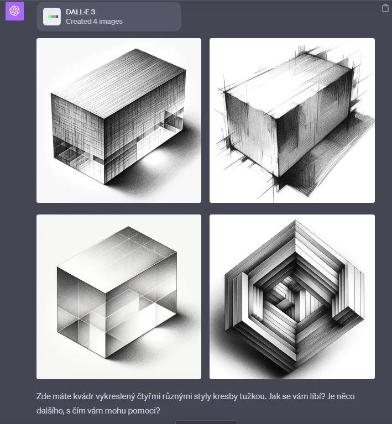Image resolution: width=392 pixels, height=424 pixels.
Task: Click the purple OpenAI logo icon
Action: pyautogui.click(x=14, y=11)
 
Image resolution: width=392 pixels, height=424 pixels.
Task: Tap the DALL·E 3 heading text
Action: pyautogui.click(x=80, y=12)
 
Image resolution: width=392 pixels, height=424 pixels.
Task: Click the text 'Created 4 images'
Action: pyautogui.click(x=94, y=22)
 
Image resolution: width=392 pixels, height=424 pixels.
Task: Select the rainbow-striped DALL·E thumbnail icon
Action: pyautogui.click(x=52, y=17)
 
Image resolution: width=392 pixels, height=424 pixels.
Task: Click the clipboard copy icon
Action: pyautogui.click(x=385, y=8)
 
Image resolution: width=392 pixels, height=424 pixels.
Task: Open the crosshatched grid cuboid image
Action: pyautogui.click(x=119, y=121)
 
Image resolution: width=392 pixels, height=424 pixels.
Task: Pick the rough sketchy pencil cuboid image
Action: pyautogui.click(x=292, y=121)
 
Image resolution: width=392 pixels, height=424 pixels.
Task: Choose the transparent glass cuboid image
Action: pyautogui.click(x=119, y=297)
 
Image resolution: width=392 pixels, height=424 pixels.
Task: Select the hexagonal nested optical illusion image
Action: pyautogui.click(x=292, y=297)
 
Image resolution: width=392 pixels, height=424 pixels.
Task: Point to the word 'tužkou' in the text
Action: pyautogui.click(x=253, y=396)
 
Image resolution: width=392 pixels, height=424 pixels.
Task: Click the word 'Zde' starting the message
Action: pyautogui.click(x=43, y=396)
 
